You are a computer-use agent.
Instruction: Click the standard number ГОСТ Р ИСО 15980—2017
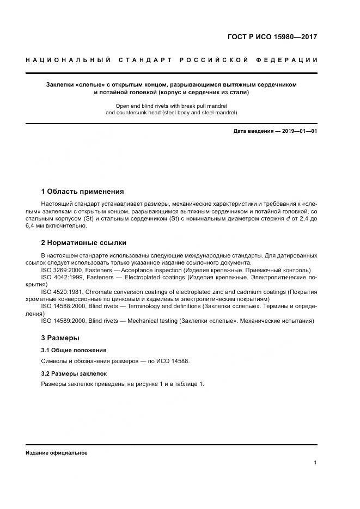point(272,37)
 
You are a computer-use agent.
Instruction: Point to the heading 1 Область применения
point(82,191)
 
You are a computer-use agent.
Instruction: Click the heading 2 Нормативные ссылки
point(84,242)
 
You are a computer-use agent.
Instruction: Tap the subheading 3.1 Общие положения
point(74,350)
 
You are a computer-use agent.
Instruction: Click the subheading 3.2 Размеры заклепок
point(74,374)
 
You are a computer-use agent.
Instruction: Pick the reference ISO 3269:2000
point(62,270)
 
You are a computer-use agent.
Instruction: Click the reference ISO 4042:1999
point(62,277)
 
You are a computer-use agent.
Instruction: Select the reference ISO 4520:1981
point(62,292)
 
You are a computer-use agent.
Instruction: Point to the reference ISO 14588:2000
point(64,306)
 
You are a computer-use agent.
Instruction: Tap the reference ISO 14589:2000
point(64,321)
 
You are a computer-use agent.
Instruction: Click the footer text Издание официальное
point(56,452)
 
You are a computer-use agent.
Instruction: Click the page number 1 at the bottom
point(315,463)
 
